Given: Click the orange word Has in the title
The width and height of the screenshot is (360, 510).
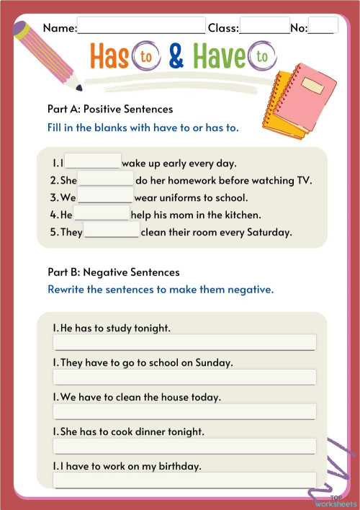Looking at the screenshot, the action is pyautogui.click(x=109, y=57).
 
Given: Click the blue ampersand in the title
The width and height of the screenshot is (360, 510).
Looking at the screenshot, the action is pyautogui.click(x=176, y=57).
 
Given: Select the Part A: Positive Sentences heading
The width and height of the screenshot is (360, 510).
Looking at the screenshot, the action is pyautogui.click(x=109, y=109).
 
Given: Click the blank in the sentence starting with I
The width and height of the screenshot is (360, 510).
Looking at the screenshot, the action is pyautogui.click(x=93, y=162).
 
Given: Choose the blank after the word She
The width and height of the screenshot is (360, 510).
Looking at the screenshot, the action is pyautogui.click(x=106, y=179).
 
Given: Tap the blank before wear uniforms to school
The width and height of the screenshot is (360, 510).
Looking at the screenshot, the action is pyautogui.click(x=105, y=197).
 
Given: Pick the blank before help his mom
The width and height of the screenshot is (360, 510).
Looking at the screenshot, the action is pyautogui.click(x=102, y=214).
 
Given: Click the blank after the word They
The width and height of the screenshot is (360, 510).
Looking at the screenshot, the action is pyautogui.click(x=112, y=231).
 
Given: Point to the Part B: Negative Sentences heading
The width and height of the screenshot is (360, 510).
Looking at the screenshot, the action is pyautogui.click(x=113, y=272).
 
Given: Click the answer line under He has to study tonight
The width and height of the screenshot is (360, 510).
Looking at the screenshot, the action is pyautogui.click(x=184, y=342).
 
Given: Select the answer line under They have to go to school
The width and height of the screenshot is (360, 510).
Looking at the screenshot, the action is pyautogui.click(x=184, y=377).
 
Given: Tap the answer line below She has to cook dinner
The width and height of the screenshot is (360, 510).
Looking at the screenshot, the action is pyautogui.click(x=184, y=446).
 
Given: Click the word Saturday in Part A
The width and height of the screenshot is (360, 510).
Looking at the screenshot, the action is pyautogui.click(x=268, y=232).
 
